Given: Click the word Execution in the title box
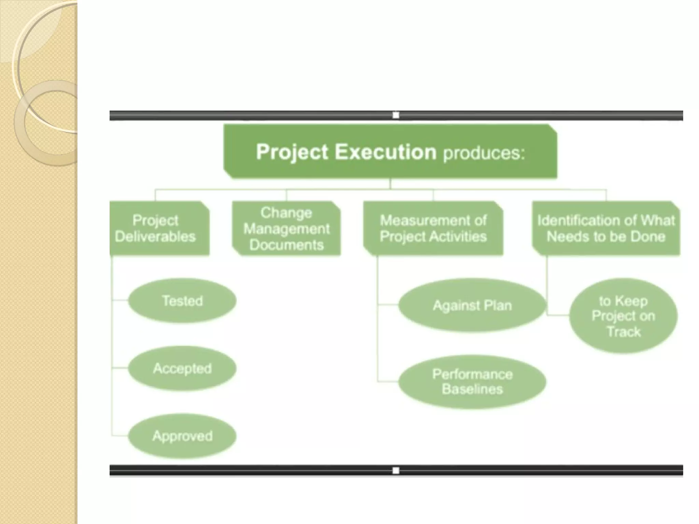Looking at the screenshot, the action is point(385,152).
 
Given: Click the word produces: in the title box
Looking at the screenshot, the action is point(484,154).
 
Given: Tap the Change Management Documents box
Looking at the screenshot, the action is point(286,228).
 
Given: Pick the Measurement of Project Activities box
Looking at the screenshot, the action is point(433,228).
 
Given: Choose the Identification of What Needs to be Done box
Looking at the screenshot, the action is point(606,228).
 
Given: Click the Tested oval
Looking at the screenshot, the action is point(182,301).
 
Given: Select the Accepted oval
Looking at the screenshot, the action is point(182,368).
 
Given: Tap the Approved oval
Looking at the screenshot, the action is point(182,436).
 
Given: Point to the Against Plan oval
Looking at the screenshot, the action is point(472,305).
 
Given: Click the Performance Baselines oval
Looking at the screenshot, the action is point(472,382).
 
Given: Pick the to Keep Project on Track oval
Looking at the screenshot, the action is point(623,316).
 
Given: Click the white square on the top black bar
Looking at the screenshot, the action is point(396,115).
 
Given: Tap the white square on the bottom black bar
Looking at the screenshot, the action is point(396,471).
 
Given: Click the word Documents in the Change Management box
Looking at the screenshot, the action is point(286,245).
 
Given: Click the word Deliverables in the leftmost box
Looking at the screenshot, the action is point(155,236).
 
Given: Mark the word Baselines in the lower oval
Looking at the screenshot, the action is point(472,389).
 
